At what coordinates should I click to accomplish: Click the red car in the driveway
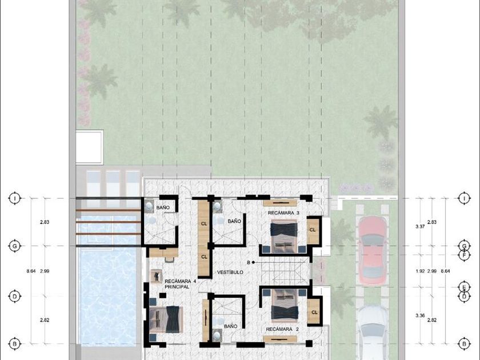coord(372,250)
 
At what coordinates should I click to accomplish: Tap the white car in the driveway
coord(372,333)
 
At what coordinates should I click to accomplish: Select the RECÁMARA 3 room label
coord(283,213)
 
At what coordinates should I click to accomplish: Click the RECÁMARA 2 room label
coord(282,329)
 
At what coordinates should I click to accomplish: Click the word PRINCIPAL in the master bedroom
coord(177,287)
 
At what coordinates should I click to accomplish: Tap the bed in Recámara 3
coord(284,236)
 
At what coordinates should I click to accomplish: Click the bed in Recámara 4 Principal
coord(165,319)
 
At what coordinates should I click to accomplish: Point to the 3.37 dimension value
coord(420,226)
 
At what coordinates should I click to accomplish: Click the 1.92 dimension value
coord(420,271)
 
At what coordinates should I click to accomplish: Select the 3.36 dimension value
coord(420,315)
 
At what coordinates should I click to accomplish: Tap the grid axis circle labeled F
coord(465,255)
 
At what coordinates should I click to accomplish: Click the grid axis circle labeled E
coord(465,287)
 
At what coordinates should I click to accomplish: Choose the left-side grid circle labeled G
coord(14,246)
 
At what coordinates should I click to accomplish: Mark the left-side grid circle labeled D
coord(14,297)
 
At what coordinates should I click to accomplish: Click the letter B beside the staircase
coord(249,262)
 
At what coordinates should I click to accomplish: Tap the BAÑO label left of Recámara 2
coord(230,326)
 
